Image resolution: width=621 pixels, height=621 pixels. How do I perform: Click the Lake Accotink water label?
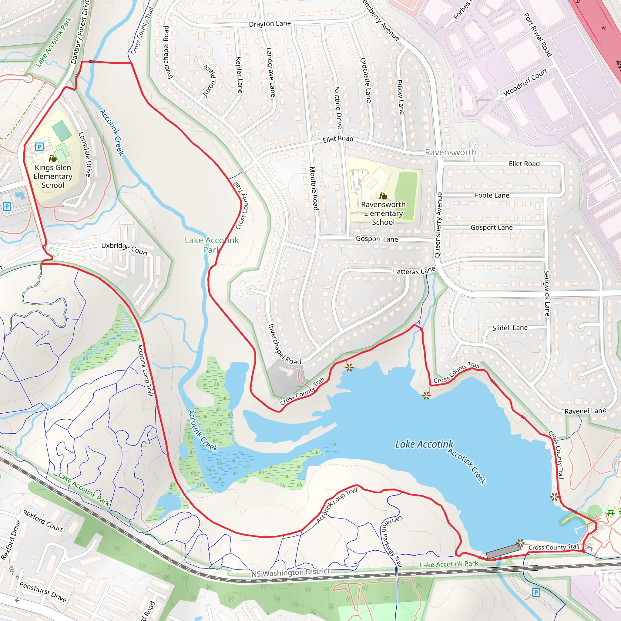(x=424, y=444)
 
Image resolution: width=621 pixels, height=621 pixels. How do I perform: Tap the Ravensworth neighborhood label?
(x=451, y=152)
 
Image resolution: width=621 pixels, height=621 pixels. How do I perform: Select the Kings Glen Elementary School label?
(x=53, y=176)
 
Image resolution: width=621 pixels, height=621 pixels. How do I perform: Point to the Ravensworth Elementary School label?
(x=383, y=213)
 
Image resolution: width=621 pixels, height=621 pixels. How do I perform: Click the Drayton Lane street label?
(x=270, y=24)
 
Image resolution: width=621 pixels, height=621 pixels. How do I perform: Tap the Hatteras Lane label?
(x=413, y=271)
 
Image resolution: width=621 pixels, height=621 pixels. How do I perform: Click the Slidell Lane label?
(x=510, y=328)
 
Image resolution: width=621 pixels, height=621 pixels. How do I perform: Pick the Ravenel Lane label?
(x=585, y=411)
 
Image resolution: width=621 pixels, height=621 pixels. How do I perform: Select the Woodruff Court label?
(x=525, y=82)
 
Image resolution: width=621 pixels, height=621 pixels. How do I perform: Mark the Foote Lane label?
(x=492, y=196)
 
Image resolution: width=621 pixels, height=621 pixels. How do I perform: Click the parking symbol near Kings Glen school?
(x=39, y=147)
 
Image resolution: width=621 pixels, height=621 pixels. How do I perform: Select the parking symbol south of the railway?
(x=535, y=592)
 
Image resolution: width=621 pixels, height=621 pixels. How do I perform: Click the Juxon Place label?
(x=209, y=80)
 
